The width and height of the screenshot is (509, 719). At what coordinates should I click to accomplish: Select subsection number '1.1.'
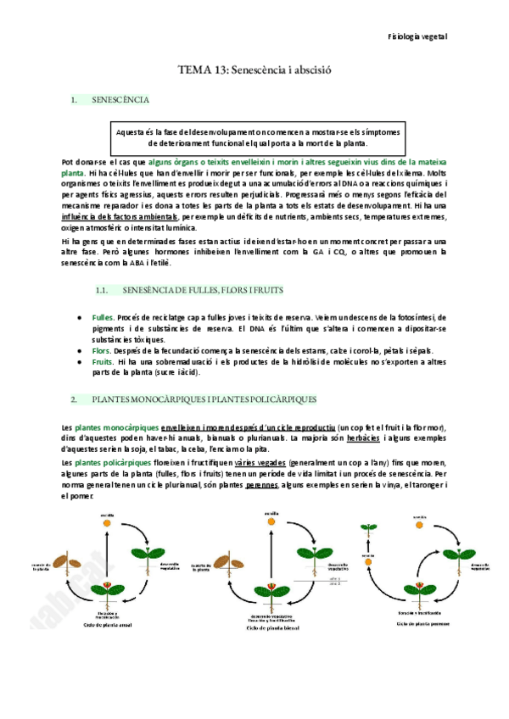103,290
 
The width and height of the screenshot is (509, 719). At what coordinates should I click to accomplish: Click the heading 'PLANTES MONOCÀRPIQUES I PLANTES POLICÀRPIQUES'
204,398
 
